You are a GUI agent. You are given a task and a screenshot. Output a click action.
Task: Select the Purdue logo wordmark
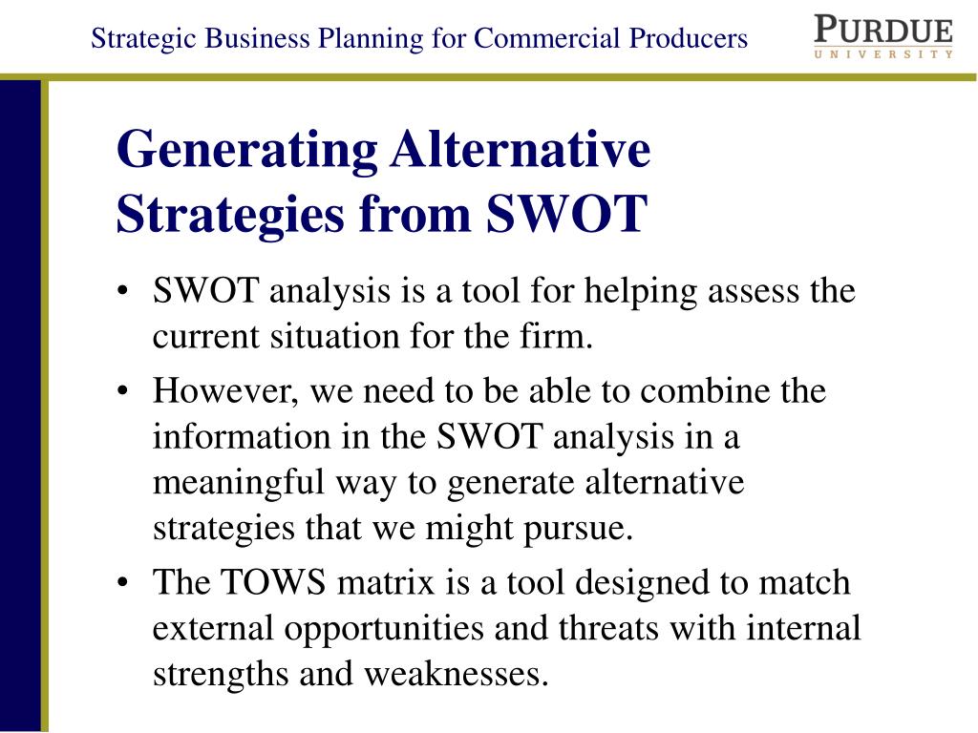coord(883,30)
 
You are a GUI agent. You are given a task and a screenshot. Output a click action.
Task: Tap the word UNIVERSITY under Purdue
coord(883,54)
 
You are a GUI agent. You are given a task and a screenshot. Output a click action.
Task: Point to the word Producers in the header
coord(688,38)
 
